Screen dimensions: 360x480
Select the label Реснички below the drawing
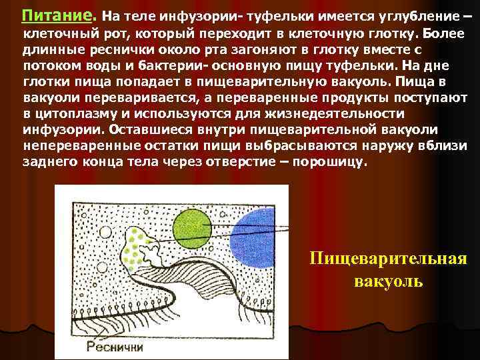pos(115,346)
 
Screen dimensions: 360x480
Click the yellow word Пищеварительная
pos(387,259)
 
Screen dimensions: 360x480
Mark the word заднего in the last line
pos(47,161)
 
